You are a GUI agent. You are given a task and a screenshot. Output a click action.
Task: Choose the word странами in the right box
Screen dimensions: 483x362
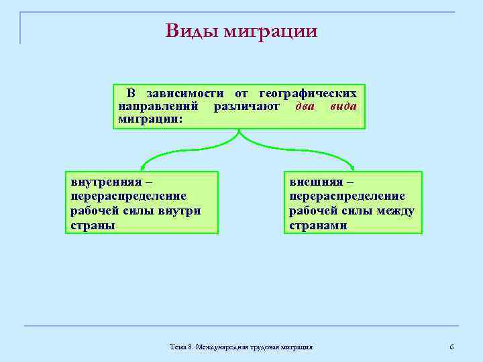coord(318,225)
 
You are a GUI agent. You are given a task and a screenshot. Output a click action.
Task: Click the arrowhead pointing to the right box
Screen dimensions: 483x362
coord(354,167)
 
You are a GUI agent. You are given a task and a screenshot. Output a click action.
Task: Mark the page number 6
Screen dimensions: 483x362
coord(451,347)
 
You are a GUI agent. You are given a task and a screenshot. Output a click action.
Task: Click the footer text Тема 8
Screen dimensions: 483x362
coord(181,347)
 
